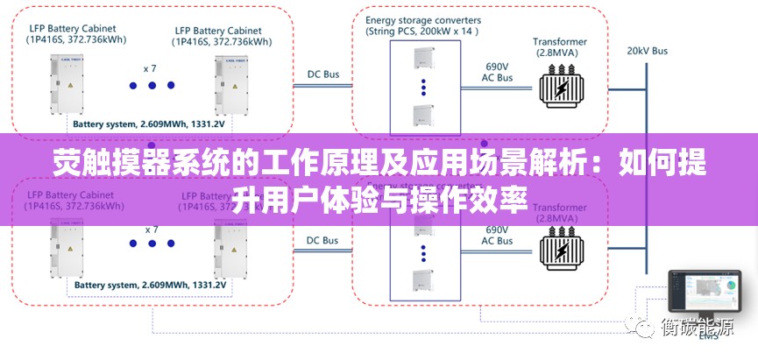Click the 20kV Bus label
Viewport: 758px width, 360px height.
(x=647, y=51)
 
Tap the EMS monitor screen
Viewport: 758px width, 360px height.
(x=705, y=290)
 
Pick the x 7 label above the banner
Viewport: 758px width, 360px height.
(x=151, y=67)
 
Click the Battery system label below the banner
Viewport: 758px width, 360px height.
(x=150, y=285)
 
